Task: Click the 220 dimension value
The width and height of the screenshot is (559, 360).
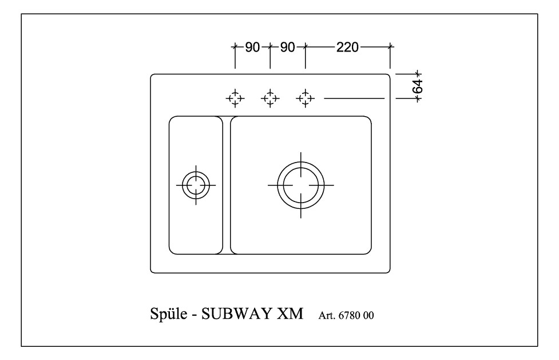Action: [347, 47]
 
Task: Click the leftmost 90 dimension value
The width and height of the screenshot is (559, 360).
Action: [252, 47]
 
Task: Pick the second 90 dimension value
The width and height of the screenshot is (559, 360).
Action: [287, 47]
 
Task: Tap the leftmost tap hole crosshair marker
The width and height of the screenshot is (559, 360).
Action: [235, 98]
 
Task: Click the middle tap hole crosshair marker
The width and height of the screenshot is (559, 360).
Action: [270, 98]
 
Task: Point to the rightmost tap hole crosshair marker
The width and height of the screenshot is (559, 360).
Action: [305, 98]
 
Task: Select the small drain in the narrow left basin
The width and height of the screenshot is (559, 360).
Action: [195, 185]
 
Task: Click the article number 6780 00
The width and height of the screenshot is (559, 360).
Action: [359, 316]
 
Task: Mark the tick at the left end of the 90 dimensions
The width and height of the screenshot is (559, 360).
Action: [235, 47]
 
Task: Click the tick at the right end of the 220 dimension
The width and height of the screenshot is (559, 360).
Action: [390, 47]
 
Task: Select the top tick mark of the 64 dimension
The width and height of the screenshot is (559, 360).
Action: [418, 73]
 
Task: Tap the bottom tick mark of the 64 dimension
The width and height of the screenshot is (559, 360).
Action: [418, 98]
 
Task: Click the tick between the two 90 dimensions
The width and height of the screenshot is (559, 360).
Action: [270, 47]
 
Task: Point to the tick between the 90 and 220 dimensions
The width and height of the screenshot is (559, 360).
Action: [305, 47]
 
